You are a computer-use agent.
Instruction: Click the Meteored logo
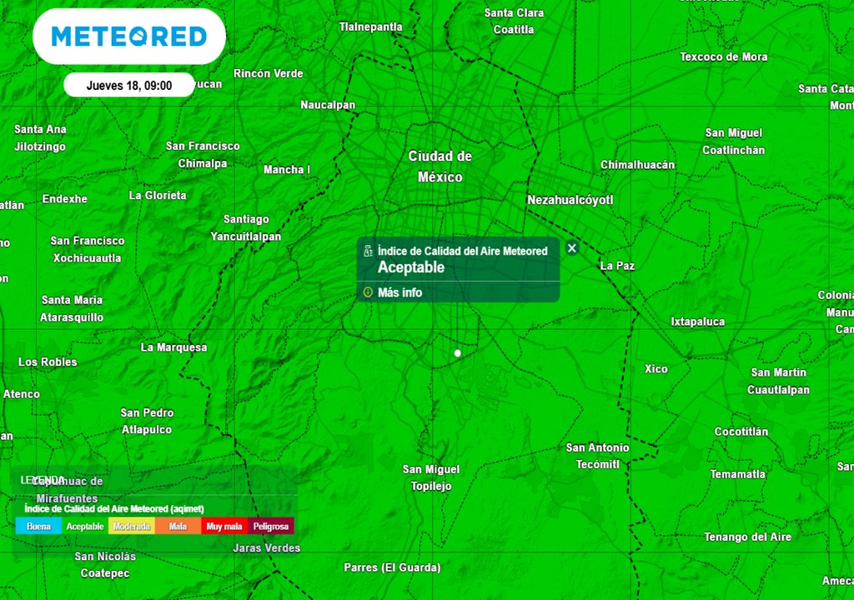click(x=128, y=37)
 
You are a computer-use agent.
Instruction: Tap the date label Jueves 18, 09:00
click(x=129, y=85)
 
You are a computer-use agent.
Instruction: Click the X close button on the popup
click(x=571, y=247)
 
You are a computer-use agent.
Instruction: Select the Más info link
click(x=399, y=292)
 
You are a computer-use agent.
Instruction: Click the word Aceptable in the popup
click(x=411, y=267)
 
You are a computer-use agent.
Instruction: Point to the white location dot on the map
click(x=457, y=353)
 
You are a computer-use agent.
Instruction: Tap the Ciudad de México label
click(x=440, y=167)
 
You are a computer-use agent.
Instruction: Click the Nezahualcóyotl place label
click(x=570, y=200)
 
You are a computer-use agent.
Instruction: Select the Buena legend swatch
click(x=38, y=527)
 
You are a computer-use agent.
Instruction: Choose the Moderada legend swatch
click(x=132, y=527)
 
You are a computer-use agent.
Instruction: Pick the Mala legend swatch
click(x=178, y=527)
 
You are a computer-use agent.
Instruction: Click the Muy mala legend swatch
click(x=224, y=527)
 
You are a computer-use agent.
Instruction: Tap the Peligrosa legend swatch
click(x=271, y=527)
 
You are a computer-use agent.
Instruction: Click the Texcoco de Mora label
click(x=723, y=57)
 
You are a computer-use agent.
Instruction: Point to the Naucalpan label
click(x=328, y=105)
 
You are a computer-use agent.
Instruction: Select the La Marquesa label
click(x=173, y=347)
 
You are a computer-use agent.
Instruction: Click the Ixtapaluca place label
click(x=698, y=322)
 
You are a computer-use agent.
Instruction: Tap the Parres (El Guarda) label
click(x=392, y=567)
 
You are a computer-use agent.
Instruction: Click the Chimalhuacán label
click(x=637, y=165)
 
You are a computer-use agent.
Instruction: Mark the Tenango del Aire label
click(x=747, y=537)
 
